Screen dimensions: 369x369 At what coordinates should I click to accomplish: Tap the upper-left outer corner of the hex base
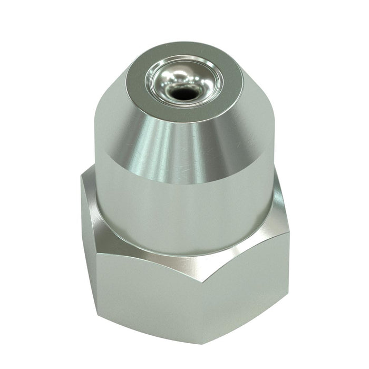[83, 177]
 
